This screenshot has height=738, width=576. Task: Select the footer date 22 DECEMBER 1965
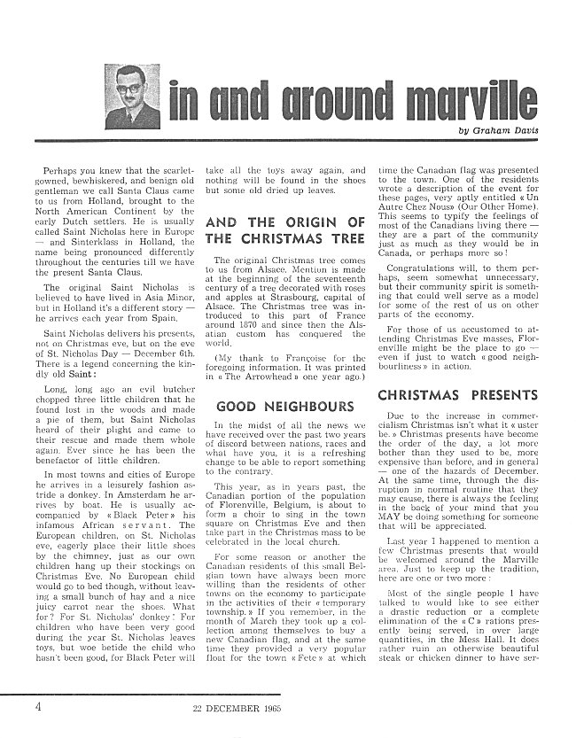click(234, 707)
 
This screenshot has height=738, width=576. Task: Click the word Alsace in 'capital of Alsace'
click(222, 302)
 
